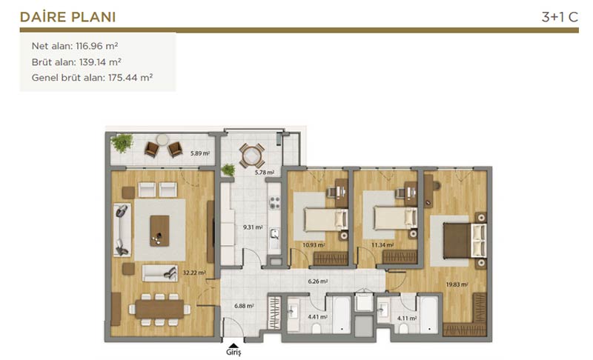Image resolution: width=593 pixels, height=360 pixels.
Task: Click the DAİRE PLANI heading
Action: click(67, 17)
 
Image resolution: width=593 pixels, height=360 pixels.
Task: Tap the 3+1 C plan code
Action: click(560, 17)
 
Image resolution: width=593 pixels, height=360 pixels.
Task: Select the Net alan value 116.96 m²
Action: click(97, 46)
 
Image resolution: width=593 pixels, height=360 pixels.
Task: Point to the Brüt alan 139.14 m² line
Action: click(76, 62)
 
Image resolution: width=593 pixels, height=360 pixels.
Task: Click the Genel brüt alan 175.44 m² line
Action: click(92, 78)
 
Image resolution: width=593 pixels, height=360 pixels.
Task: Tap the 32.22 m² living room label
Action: click(194, 273)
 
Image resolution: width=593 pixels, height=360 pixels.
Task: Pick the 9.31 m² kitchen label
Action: click(253, 227)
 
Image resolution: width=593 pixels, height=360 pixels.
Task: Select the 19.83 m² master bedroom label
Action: click(457, 284)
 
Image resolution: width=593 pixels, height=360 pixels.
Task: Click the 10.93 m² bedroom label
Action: click(314, 244)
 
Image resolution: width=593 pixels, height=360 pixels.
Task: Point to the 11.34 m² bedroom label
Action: click(382, 244)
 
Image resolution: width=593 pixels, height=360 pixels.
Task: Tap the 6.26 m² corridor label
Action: click(318, 281)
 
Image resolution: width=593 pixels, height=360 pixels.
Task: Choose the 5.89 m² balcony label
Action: click(200, 153)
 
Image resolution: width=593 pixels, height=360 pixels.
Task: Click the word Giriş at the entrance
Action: click(233, 353)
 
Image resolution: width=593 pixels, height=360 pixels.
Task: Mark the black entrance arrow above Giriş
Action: click(233, 345)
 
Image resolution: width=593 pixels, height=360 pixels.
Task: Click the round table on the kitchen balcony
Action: click(252, 156)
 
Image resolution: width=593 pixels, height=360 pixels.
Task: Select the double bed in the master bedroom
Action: click(465, 240)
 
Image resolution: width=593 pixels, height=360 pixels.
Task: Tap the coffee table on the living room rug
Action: click(159, 231)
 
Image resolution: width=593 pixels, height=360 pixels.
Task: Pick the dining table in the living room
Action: click(159, 310)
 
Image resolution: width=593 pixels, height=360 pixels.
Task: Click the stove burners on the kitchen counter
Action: click(274, 203)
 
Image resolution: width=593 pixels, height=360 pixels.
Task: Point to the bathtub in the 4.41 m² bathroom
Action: click(342, 315)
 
